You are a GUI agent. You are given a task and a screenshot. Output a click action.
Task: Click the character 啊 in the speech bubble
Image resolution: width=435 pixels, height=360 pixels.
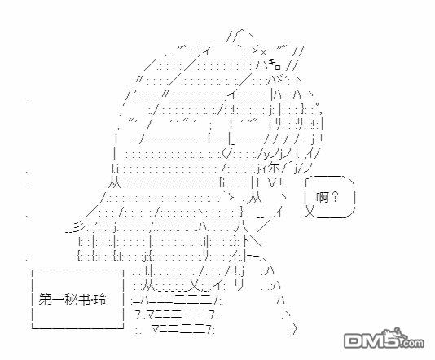point(323,197)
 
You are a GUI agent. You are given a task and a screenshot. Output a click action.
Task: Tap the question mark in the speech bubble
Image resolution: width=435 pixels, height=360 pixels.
point(335,197)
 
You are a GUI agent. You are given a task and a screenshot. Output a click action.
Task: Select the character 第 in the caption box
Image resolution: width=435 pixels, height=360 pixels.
point(45,300)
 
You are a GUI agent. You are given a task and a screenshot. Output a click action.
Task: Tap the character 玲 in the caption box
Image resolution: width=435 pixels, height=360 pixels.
point(99,300)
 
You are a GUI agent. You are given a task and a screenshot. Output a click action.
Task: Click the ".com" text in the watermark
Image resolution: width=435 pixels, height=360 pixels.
point(413,343)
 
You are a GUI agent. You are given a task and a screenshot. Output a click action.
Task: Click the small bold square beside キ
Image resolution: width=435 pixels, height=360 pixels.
point(278,67)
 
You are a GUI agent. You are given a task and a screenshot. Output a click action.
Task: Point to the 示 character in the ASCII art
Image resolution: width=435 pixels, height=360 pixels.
point(274,168)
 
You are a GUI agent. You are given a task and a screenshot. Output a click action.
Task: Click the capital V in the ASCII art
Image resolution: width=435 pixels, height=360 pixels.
point(272,182)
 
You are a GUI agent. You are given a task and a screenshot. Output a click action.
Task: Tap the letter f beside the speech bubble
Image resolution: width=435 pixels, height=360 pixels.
point(306,182)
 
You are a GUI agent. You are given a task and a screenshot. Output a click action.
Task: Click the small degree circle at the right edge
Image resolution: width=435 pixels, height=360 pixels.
point(318,104)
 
